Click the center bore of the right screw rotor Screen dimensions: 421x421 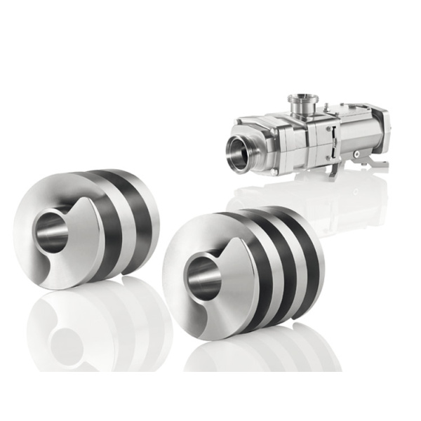click(x=204, y=277)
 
